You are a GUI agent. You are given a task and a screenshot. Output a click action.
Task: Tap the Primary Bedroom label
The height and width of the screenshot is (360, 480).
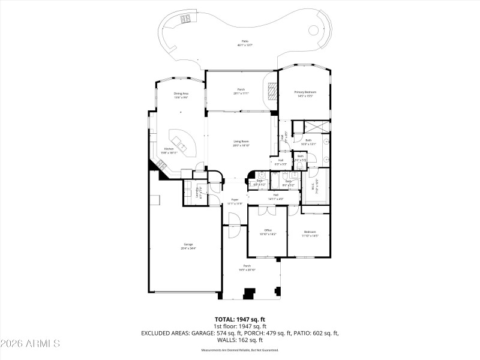pos(305,94)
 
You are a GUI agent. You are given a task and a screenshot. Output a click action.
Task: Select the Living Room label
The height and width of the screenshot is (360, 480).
pos(241,143)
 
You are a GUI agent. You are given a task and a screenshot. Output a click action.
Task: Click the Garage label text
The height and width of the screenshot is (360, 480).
pos(188,245)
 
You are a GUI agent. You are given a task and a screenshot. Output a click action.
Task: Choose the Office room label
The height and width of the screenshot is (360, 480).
pos(268,232)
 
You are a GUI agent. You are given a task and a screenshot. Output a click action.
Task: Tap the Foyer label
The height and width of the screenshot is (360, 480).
pos(235,201)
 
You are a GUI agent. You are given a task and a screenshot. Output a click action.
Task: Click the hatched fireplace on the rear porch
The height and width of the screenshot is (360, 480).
pos(272,91)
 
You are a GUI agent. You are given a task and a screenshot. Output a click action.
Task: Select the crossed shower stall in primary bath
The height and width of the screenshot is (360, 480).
pos(317,127)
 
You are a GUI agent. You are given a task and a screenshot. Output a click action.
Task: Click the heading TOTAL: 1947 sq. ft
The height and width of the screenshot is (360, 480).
pos(240,319)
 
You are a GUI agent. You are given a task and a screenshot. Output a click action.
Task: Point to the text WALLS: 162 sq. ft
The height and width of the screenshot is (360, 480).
pos(240,340)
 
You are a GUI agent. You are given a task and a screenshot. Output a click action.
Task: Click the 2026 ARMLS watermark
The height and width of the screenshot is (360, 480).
pos(31,344)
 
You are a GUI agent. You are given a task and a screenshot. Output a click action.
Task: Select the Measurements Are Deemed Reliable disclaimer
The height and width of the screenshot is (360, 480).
pos(240,350)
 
